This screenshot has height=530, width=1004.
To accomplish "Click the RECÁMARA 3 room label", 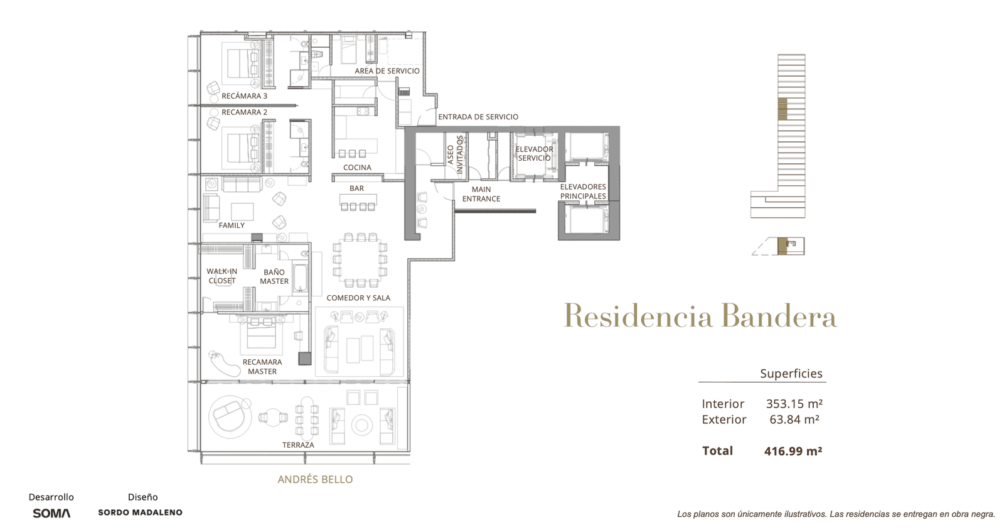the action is (244, 96).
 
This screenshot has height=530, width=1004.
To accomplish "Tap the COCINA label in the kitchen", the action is (357, 167).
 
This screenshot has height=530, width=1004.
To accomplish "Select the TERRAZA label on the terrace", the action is (298, 445).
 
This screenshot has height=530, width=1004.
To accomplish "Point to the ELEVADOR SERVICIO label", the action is (534, 153).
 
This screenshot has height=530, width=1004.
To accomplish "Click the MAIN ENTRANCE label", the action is (481, 194).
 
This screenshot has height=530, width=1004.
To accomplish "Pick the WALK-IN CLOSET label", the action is (222, 276).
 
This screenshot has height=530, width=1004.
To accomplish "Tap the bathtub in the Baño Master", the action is (301, 278).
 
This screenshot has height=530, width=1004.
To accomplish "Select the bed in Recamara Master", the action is (262, 335).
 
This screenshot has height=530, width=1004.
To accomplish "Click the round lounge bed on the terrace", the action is (230, 417).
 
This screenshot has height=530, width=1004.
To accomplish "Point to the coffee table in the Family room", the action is (242, 212).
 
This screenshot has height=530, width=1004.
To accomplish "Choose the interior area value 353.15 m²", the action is (794, 404).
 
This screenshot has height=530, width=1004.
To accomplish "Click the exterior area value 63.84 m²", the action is (794, 419).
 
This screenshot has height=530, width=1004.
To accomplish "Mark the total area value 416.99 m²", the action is (793, 451).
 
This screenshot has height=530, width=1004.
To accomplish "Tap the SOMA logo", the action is (51, 513).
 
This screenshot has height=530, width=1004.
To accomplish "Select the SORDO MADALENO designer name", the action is (141, 512).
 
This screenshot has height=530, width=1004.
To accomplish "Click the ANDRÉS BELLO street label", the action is (315, 479).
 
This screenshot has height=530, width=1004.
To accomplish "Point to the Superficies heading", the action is (791, 374).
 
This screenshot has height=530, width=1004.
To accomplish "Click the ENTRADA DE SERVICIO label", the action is (478, 117).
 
